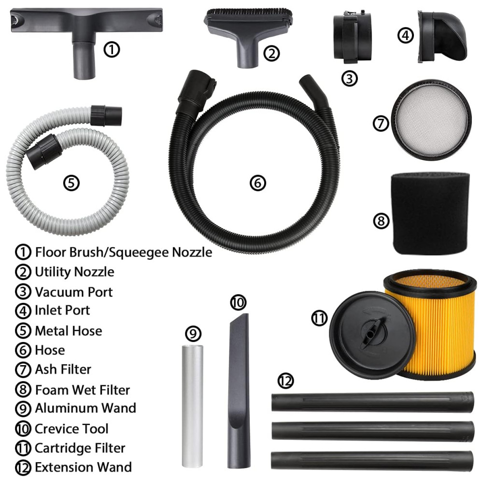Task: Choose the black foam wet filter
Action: coord(431,213)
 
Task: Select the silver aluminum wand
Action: coord(193,406)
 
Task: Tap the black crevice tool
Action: coord(239,391)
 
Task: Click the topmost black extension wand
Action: coord(372,402)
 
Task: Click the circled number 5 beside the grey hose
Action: coord(71,183)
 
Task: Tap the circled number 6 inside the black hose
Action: coord(258,183)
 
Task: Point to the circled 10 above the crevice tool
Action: coord(238,302)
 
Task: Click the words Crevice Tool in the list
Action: coord(71,428)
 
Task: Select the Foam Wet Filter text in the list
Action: coord(83,390)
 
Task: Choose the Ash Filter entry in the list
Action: coord(63,369)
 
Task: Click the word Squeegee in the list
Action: coord(139,253)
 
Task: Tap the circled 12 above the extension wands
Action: coord(285,381)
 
